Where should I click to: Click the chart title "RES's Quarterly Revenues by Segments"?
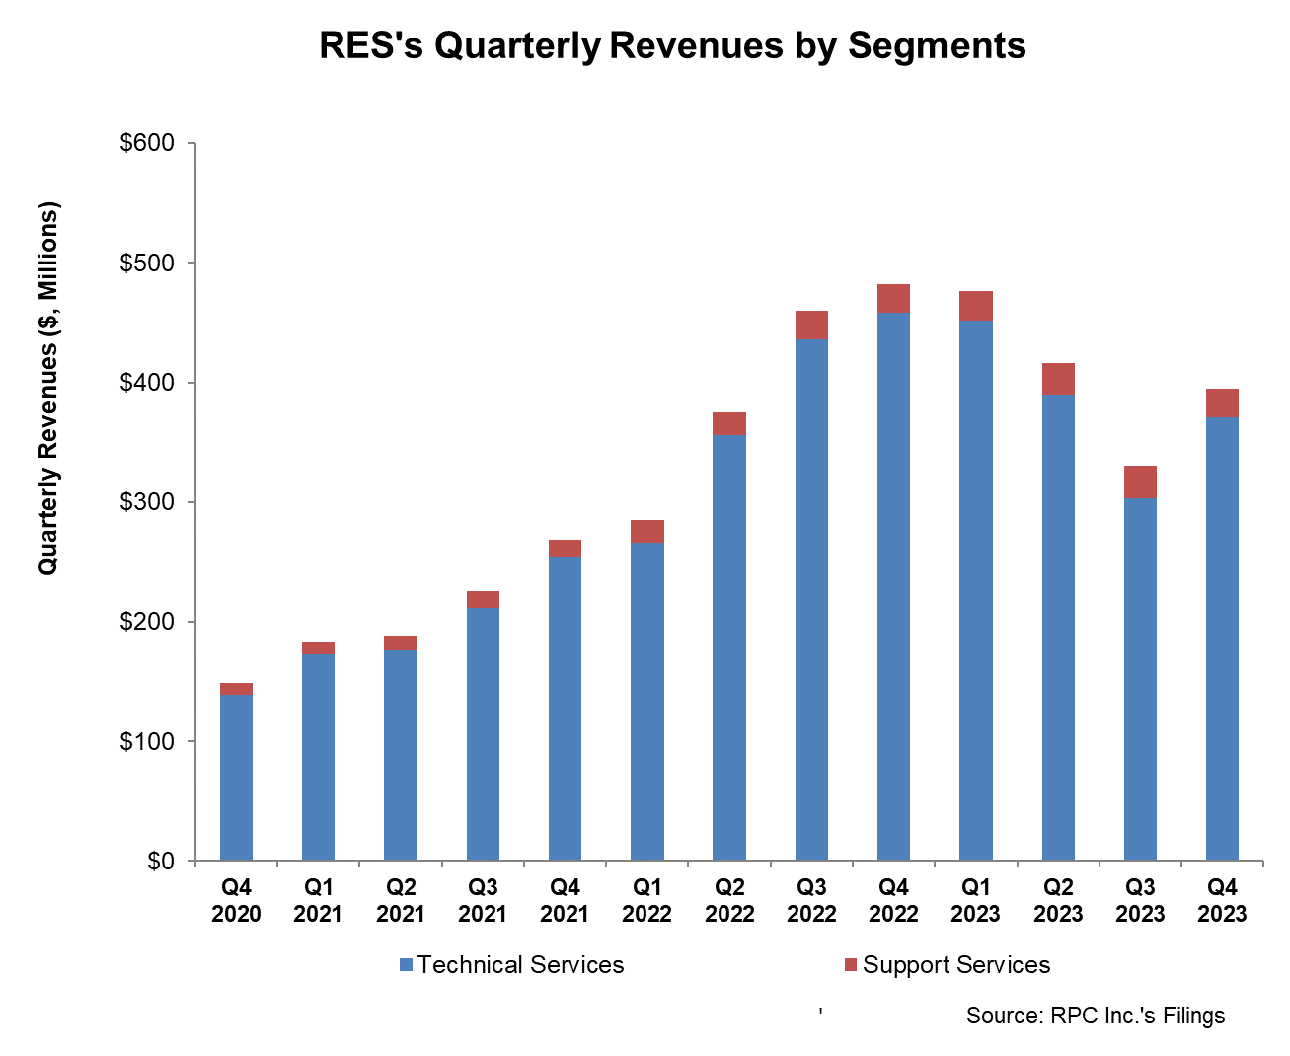(672, 46)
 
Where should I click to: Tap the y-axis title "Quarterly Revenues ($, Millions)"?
(48, 388)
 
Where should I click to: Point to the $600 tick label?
(146, 143)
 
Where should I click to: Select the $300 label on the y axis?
(146, 502)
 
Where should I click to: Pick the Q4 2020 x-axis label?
(236, 901)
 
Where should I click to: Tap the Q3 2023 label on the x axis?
(1140, 901)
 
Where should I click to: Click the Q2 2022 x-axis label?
(729, 901)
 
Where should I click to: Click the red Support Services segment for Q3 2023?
(1140, 483)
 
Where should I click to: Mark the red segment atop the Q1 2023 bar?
(975, 306)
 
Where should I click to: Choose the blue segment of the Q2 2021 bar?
(401, 755)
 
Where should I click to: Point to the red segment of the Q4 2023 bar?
(1222, 404)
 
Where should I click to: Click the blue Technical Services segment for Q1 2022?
(647, 701)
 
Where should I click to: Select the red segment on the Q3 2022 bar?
(811, 325)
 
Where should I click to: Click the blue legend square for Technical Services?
(406, 965)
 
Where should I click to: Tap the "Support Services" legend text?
(955, 965)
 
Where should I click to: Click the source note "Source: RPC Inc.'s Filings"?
(1095, 1016)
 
